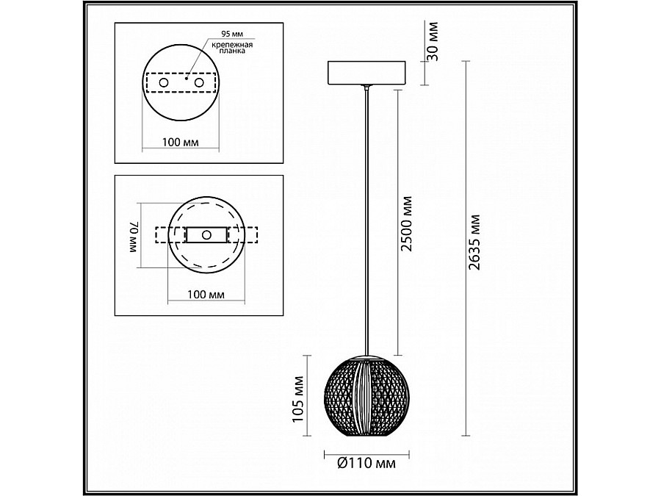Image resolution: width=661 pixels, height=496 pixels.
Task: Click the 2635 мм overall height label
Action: [474, 242]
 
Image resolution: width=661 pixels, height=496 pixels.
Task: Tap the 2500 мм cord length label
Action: [406, 223]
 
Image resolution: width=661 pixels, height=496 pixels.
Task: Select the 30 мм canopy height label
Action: [433, 41]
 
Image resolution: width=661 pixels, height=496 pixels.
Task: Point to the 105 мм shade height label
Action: [298, 399]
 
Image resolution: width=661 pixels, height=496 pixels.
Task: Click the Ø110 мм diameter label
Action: [366, 463]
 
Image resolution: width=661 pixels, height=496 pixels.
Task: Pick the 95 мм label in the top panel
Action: [232, 34]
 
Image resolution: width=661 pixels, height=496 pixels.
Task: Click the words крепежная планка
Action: [232, 48]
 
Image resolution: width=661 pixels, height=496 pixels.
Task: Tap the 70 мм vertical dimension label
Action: [134, 237]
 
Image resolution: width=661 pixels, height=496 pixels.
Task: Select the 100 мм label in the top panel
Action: [181, 142]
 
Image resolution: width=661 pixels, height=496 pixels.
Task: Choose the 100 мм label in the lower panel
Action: [206, 294]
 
